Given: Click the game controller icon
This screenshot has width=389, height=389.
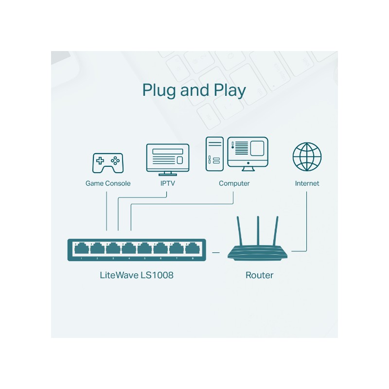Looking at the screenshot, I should point(107,162).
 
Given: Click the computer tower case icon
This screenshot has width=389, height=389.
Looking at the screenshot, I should point(214,153).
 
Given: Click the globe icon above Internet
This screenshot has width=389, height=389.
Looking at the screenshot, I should point(307,157).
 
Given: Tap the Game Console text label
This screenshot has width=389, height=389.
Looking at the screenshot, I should point(108,183).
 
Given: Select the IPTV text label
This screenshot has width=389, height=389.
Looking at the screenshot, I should point(167,183).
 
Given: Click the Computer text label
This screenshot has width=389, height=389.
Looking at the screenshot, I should point(234,183).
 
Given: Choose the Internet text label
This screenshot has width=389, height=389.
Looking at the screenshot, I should point(307,183).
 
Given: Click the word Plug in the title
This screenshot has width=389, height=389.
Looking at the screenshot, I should point(159,90).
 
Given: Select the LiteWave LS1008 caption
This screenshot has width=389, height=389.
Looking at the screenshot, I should point(136,275).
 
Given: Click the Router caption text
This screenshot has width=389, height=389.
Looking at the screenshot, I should point(259,275).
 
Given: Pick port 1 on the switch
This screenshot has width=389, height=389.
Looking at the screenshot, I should point(81,249).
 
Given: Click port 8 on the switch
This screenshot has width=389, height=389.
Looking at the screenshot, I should point(193,249).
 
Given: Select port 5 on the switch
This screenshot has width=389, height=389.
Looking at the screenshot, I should point(145,249).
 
